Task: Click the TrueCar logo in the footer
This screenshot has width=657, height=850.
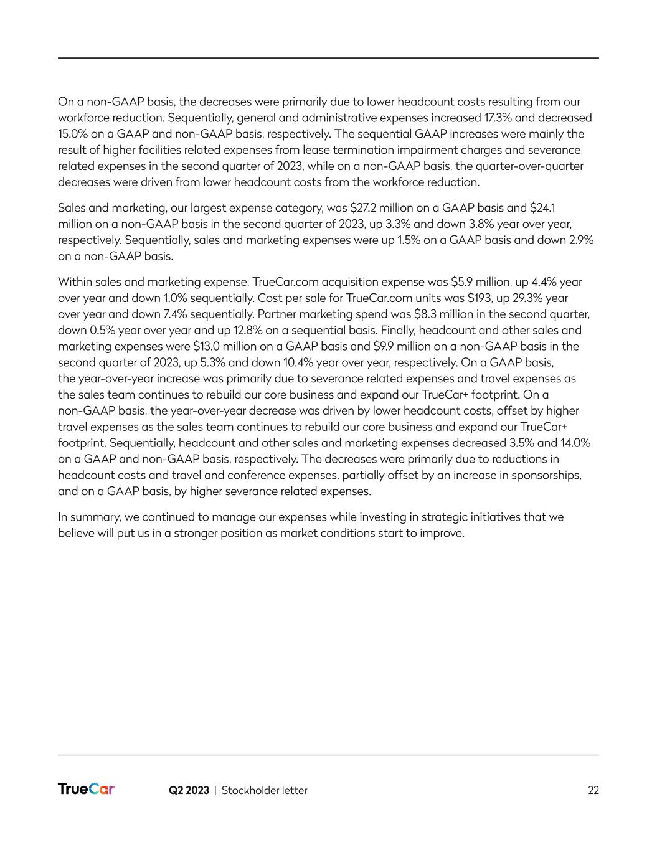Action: [86, 790]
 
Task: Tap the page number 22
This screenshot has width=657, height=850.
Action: [593, 790]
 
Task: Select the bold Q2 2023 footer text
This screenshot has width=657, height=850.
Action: [189, 790]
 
